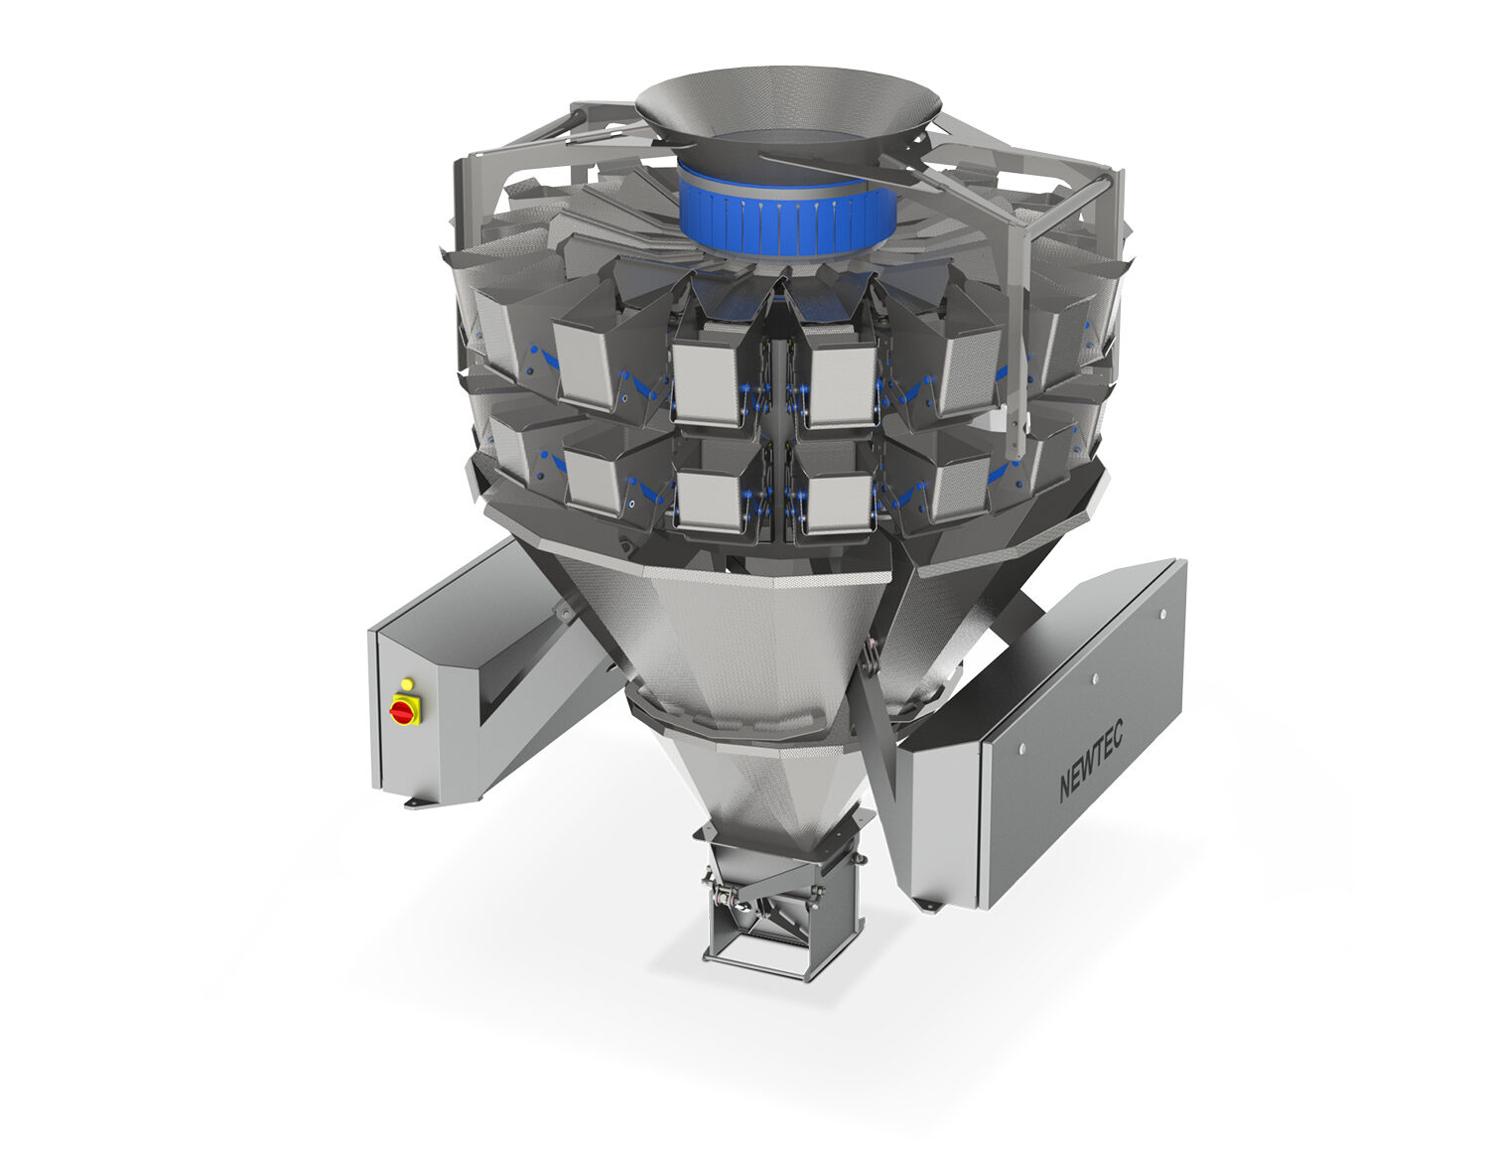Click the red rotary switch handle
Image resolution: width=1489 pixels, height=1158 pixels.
pos(404,710)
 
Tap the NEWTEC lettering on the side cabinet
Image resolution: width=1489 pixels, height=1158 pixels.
pos(1092,763)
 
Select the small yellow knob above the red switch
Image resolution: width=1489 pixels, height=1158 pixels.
pos(406,683)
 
